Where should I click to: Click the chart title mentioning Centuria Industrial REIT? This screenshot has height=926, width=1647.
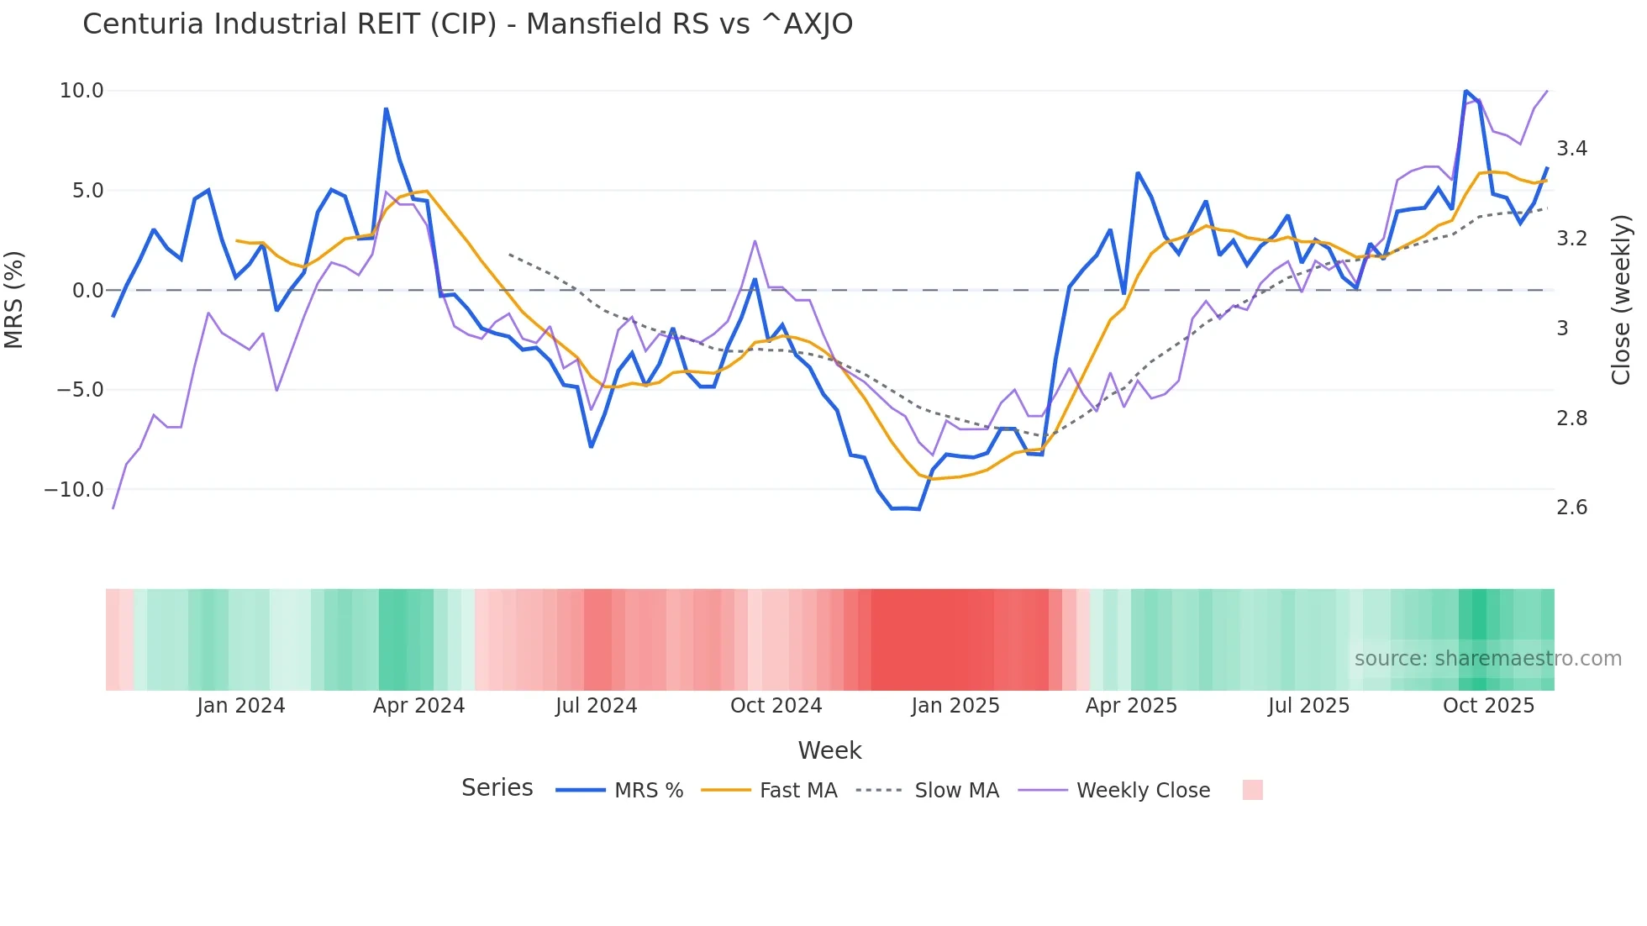pos(467,24)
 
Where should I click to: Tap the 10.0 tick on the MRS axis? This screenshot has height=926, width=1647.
pos(82,91)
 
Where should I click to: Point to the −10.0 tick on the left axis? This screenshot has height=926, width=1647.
pos(75,489)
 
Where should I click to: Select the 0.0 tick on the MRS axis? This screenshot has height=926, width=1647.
pos(87,291)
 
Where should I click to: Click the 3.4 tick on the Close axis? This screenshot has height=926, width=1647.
pos(1571,149)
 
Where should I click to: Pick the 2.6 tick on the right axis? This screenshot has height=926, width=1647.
pos(1571,508)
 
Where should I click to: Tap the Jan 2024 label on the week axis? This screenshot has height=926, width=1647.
pos(241,706)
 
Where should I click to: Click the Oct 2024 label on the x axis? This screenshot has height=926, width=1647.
pos(776,706)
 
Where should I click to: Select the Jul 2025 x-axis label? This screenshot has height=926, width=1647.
pos(1308,706)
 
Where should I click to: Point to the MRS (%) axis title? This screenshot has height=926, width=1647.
pos(14,299)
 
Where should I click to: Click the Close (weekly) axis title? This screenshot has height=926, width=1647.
pos(1621,300)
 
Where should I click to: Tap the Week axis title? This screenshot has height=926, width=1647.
pos(829,750)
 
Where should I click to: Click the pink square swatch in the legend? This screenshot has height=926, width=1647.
pos(1252,790)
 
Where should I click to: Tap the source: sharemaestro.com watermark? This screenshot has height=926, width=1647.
pos(1487,659)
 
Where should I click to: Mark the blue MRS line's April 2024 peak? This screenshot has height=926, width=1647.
pos(386,109)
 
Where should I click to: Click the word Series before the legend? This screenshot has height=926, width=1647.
pos(497,788)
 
